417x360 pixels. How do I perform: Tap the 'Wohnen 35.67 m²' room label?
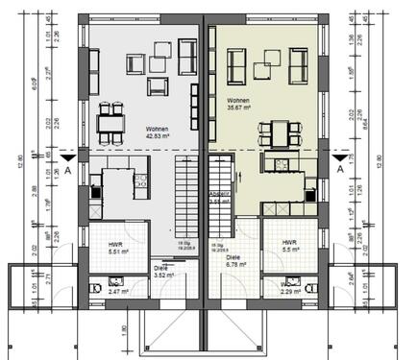click(239, 105)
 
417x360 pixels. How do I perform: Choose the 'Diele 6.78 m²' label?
click(233, 261)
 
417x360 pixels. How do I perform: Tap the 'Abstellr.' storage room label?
click(221, 198)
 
